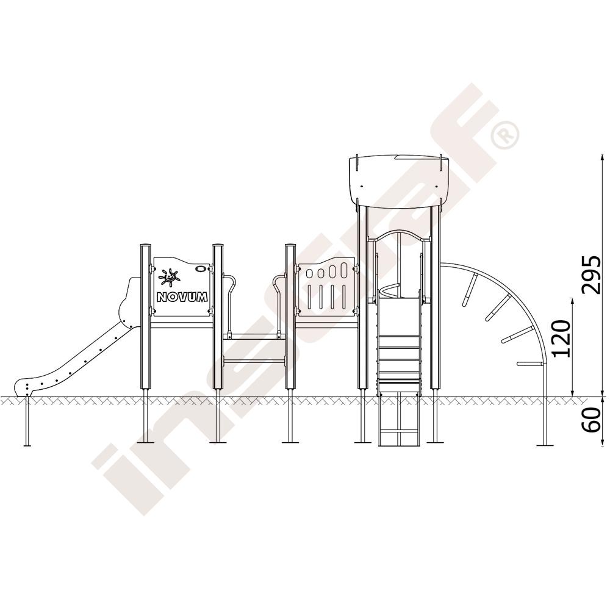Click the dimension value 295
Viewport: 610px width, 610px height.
pyautogui.click(x=591, y=274)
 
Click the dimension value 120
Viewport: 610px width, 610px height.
pyautogui.click(x=561, y=339)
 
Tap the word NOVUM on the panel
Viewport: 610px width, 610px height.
pyautogui.click(x=182, y=297)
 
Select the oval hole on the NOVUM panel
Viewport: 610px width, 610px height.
pyautogui.click(x=201, y=268)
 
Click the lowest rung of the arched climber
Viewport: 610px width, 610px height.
pyautogui.click(x=531, y=365)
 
